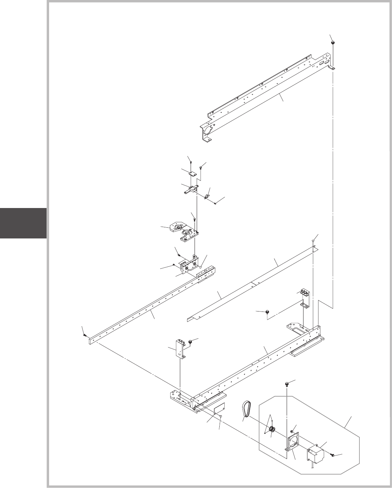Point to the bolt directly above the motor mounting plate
(287, 385)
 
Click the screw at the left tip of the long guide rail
(85, 335)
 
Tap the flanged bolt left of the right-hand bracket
(268, 313)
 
